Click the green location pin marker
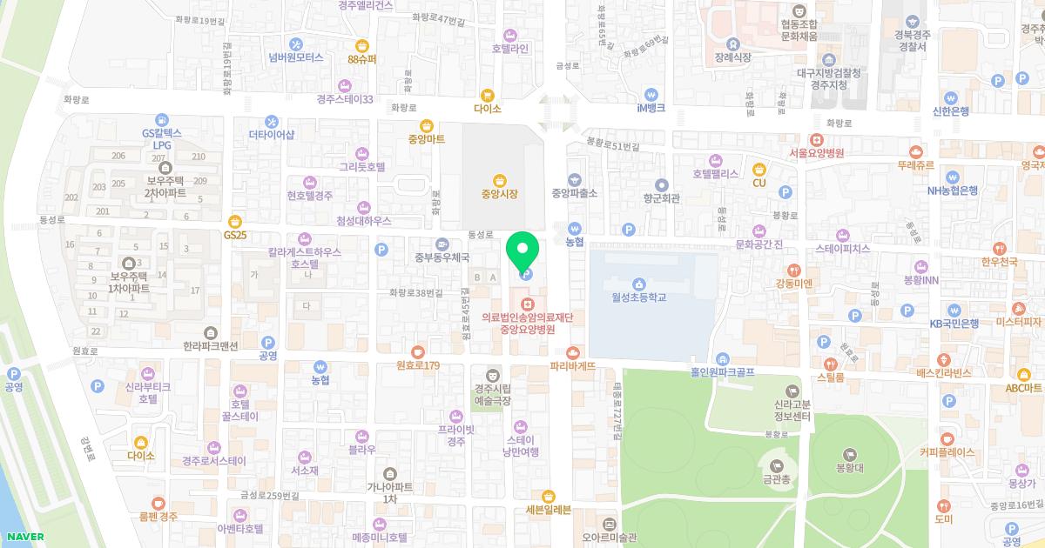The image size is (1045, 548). click(x=522, y=253)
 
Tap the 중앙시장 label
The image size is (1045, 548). click(x=499, y=194)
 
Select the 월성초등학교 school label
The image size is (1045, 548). click(x=638, y=297)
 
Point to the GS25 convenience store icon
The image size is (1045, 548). click(x=234, y=222)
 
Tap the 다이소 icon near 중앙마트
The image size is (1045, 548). click(x=488, y=96)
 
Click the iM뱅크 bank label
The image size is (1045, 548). click(x=651, y=108)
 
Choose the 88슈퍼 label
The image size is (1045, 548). click(x=361, y=59)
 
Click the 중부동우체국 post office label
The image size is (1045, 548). click(x=442, y=257)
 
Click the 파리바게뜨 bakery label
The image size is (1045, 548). click(x=573, y=366)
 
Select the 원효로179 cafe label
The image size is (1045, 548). click(x=417, y=365)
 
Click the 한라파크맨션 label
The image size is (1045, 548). click(x=210, y=345)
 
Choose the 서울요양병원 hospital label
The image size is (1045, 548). click(x=816, y=153)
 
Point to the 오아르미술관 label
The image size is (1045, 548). click(x=610, y=537)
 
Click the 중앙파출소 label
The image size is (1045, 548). click(x=574, y=193)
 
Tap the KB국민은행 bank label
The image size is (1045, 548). click(x=954, y=323)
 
